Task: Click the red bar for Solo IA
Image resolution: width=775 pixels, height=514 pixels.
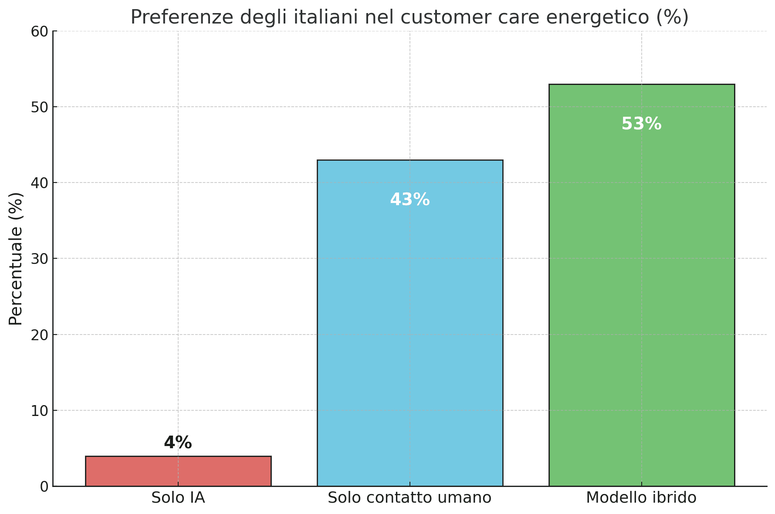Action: (x=178, y=471)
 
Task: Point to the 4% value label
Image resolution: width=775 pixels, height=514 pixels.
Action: (x=178, y=443)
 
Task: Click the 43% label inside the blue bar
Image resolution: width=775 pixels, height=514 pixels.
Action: (x=409, y=200)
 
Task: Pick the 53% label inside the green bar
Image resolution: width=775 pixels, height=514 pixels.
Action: (x=641, y=124)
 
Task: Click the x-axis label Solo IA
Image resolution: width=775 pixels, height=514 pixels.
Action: (x=178, y=497)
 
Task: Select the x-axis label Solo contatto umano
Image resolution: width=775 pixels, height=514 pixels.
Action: (x=409, y=497)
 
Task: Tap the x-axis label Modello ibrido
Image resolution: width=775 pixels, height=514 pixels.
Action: (x=641, y=497)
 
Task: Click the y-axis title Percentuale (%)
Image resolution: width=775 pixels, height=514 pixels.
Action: (x=16, y=259)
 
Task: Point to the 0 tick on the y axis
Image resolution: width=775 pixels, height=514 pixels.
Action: (x=44, y=487)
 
